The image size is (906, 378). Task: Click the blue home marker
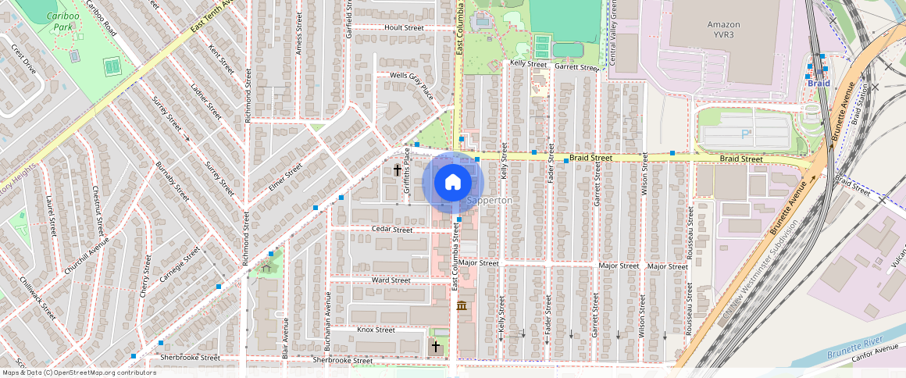pos(453,183)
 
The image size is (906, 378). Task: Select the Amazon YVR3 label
pos(723,30)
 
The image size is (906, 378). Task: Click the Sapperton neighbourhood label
pos(490,201)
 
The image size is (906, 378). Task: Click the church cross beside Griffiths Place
pos(397,169)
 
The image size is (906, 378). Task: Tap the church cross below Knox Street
pos(436,346)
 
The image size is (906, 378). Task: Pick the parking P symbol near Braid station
pos(745,134)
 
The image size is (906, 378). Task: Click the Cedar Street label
pos(392,230)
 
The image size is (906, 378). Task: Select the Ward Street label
pos(391,280)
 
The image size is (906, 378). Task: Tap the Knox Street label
pos(376,330)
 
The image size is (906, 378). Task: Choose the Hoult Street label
pos(404,27)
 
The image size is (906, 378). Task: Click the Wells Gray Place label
pos(412,86)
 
